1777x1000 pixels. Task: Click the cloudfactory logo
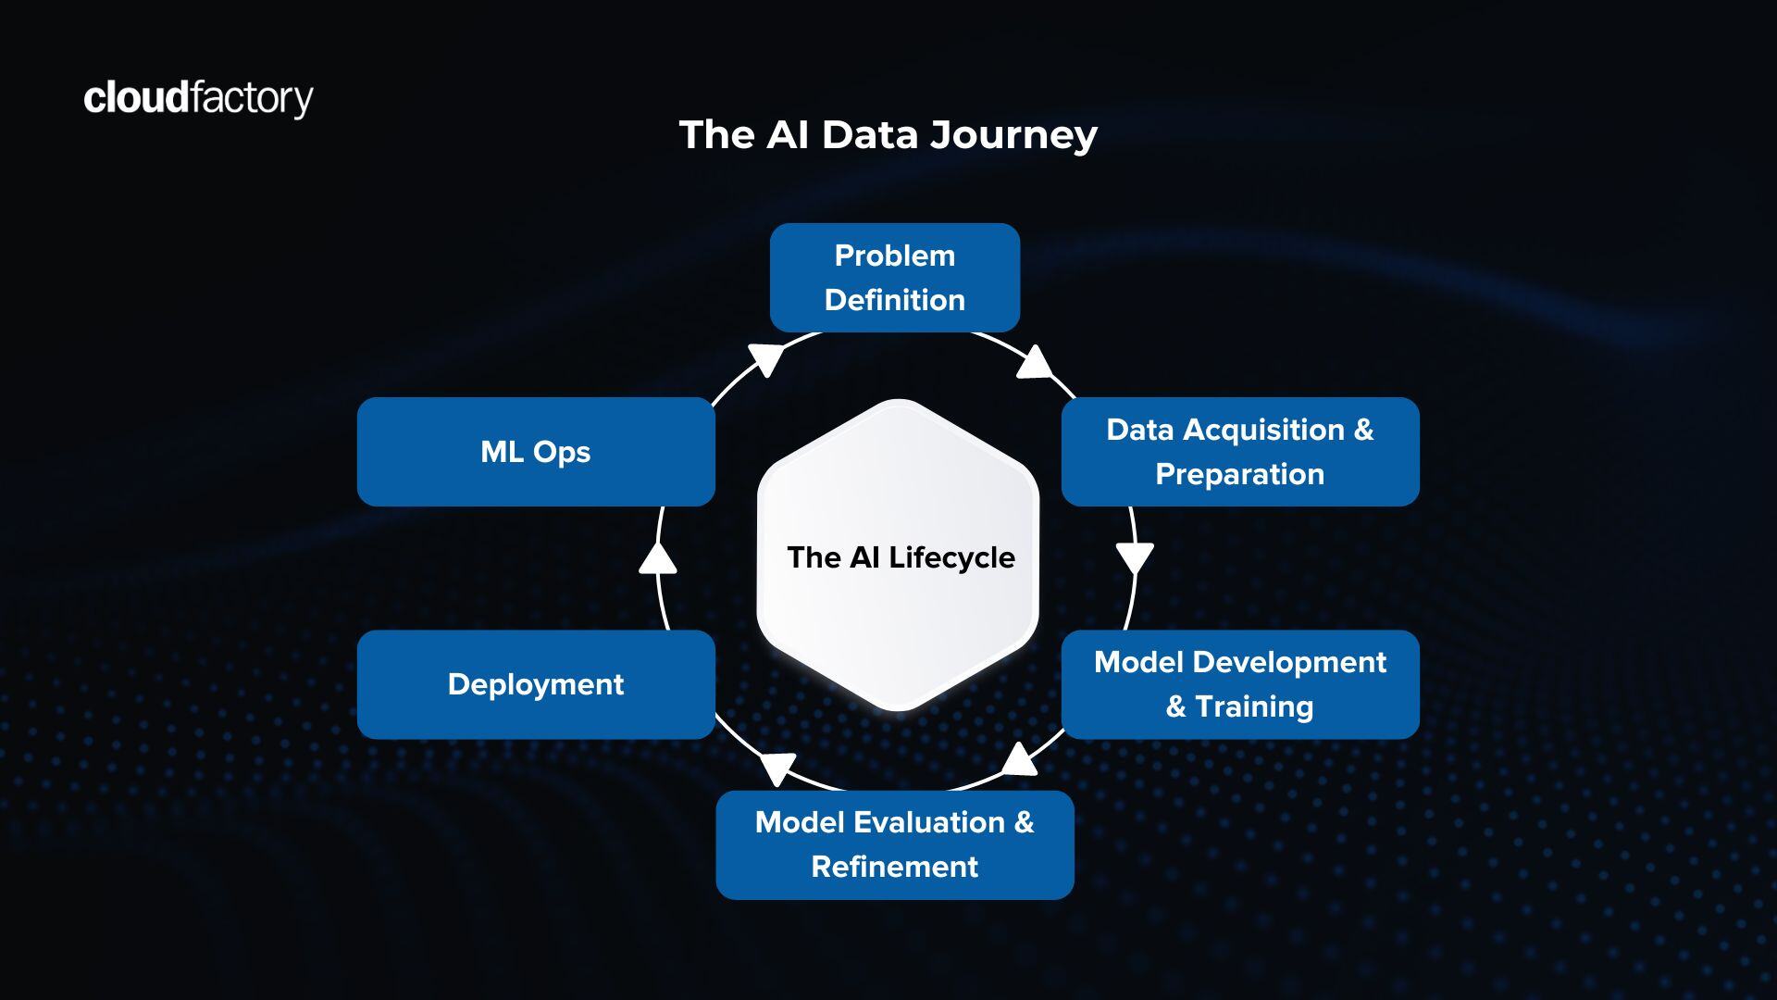(x=198, y=98)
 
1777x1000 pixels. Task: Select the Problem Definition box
(x=894, y=278)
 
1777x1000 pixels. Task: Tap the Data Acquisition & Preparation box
(x=1239, y=452)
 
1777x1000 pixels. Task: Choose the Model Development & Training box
(x=1239, y=684)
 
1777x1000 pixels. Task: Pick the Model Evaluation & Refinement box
(x=894, y=844)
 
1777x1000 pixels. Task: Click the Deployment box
(x=536, y=684)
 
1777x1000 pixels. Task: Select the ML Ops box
(x=536, y=452)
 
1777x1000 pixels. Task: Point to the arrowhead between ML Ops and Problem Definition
(x=767, y=357)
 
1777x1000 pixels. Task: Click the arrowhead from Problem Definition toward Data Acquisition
(x=1034, y=363)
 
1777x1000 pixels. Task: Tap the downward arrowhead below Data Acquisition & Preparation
(x=1135, y=557)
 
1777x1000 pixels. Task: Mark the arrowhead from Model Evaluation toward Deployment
(x=777, y=767)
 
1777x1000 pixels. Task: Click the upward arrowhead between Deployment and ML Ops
(x=658, y=558)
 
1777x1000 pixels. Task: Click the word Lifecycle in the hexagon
(x=951, y=557)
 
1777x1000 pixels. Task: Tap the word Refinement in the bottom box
(x=894, y=867)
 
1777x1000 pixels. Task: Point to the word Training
(x=1254, y=706)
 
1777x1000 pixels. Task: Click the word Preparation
(x=1239, y=474)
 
